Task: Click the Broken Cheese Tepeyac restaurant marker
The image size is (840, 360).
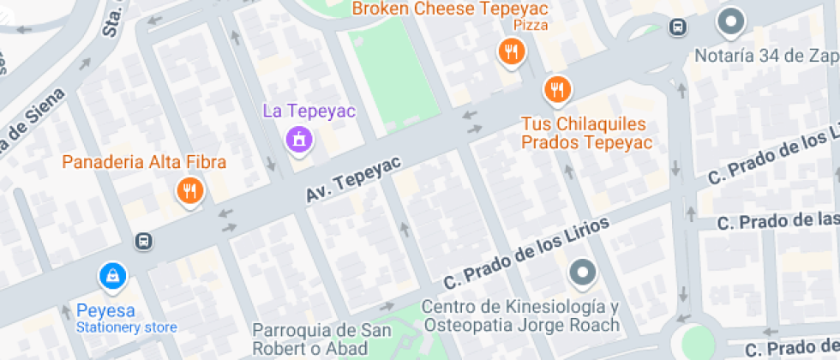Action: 511,52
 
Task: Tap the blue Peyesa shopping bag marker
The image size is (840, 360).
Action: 112,275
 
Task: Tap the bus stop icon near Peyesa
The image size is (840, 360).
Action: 144,241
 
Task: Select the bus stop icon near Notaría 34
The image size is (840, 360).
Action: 678,27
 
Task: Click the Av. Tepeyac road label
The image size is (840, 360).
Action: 342,179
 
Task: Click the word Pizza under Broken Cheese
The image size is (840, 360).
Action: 531,26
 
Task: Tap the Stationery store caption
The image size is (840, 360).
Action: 126,327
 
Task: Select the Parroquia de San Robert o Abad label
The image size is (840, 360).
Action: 309,339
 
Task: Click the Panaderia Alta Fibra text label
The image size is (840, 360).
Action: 144,162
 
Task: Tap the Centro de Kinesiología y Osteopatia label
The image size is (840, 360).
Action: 520,316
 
